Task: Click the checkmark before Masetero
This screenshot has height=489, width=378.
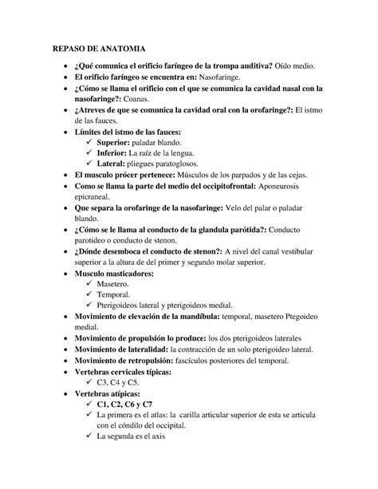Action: coord(88,283)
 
